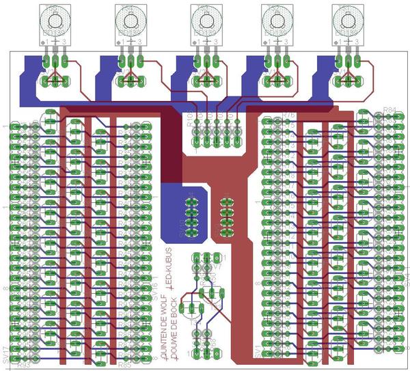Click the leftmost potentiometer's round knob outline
pos(55,19)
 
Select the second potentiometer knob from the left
pos(129,19)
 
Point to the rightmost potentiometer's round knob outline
pos(349,19)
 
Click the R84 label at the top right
pos(390,110)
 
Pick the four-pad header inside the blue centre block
pos(192,215)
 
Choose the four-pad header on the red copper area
pos(226,215)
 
